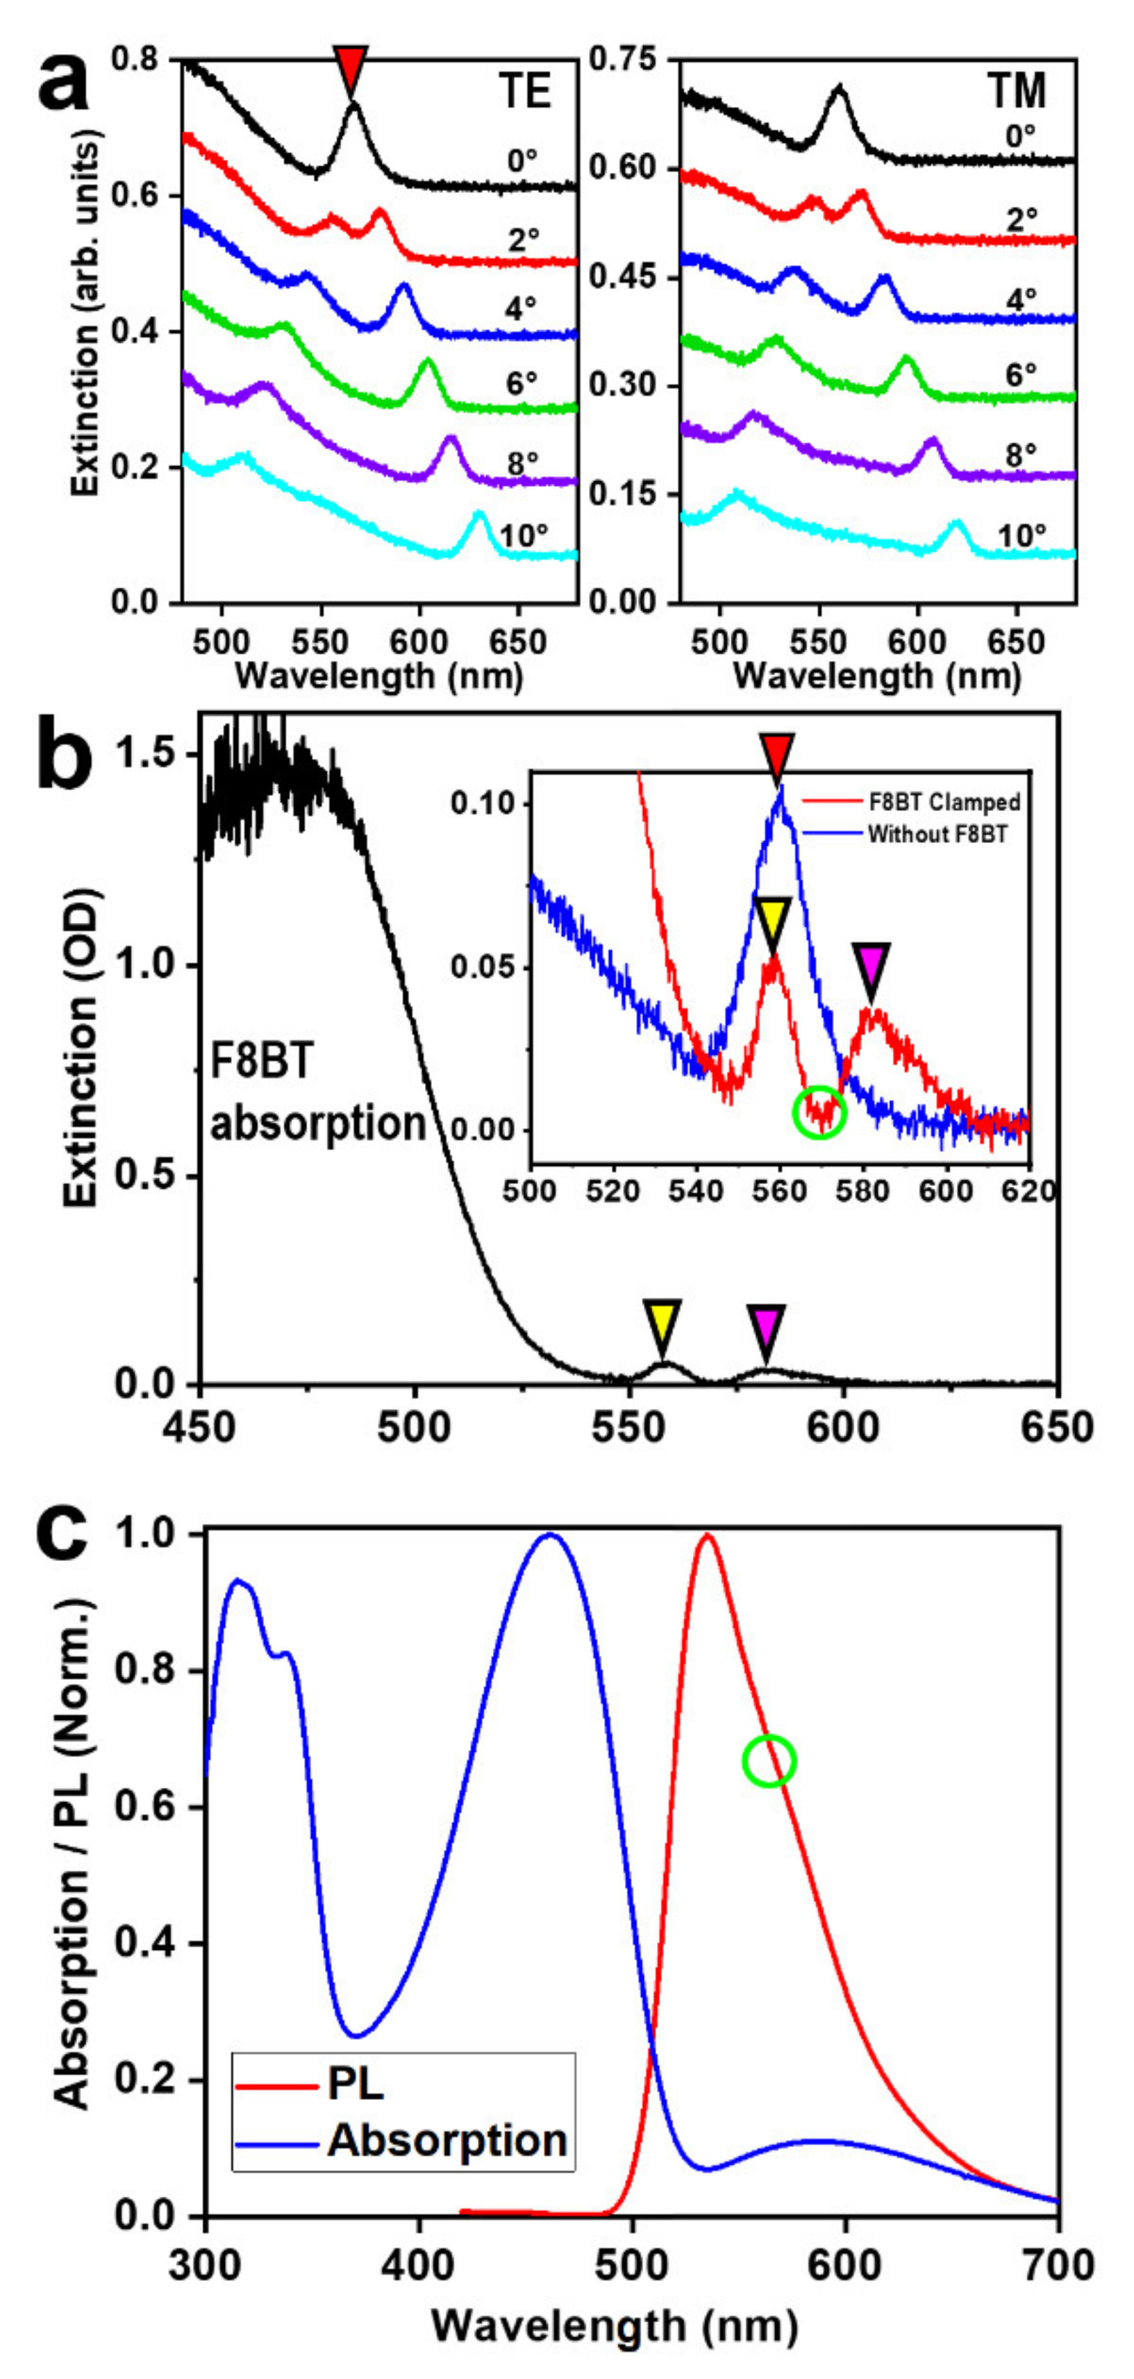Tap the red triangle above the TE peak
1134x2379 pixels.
click(351, 67)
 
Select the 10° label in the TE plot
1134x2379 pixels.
click(524, 535)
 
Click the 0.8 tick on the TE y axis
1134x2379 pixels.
click(135, 59)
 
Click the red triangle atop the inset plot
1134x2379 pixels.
click(778, 755)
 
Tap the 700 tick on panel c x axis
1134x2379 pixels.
click(1056, 2265)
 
